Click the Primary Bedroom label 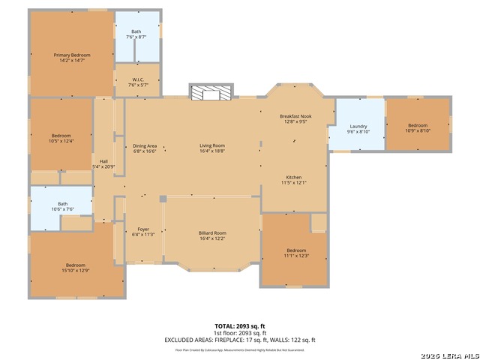(71, 55)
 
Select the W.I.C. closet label (137, 79)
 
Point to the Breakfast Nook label (293, 116)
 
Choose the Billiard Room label (212, 233)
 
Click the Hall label (103, 161)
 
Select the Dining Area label (145, 145)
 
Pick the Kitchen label (293, 177)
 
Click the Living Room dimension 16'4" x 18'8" (212, 151)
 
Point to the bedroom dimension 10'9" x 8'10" (417, 130)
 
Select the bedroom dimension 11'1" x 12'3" (296, 256)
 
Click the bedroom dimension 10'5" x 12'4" (61, 141)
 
